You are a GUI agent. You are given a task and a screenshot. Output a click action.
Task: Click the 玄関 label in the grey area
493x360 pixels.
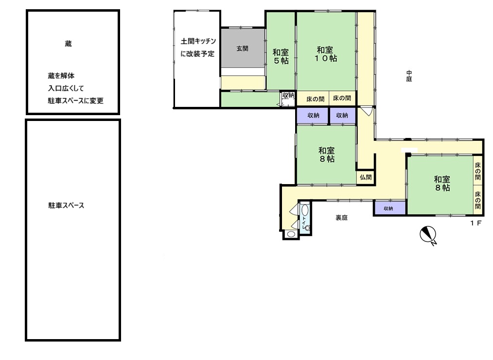[x=243, y=48]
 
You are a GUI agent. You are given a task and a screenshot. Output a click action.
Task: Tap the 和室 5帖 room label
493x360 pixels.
[x=281, y=57]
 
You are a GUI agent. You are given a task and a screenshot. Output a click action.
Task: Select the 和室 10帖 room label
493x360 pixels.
[x=326, y=54]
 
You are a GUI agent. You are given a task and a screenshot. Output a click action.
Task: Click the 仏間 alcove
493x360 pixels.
[x=366, y=177]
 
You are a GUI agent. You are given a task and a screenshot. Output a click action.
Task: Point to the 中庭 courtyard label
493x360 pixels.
[x=409, y=76]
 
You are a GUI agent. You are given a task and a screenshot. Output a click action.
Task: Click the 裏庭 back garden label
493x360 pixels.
[x=342, y=218]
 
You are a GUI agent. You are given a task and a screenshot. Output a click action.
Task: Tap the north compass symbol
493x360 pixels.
[x=427, y=235]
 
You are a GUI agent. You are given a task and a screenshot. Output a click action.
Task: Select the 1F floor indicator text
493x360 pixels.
[x=475, y=223]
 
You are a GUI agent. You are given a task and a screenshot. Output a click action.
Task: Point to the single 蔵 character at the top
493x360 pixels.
[x=68, y=44]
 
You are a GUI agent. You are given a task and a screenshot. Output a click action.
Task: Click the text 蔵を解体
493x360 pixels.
[x=61, y=76]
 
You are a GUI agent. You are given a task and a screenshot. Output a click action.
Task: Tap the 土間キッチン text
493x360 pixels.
[x=198, y=41]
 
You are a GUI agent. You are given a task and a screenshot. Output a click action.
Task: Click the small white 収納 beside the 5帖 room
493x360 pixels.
[x=288, y=96]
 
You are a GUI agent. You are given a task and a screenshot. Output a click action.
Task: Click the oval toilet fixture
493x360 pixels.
[x=305, y=210]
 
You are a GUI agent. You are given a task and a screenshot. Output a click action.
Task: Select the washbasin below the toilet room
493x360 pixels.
[x=291, y=234]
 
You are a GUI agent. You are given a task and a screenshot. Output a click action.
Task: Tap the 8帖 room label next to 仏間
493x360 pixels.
[x=326, y=154]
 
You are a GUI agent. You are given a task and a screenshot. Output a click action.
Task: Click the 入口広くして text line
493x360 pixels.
[x=66, y=88]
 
